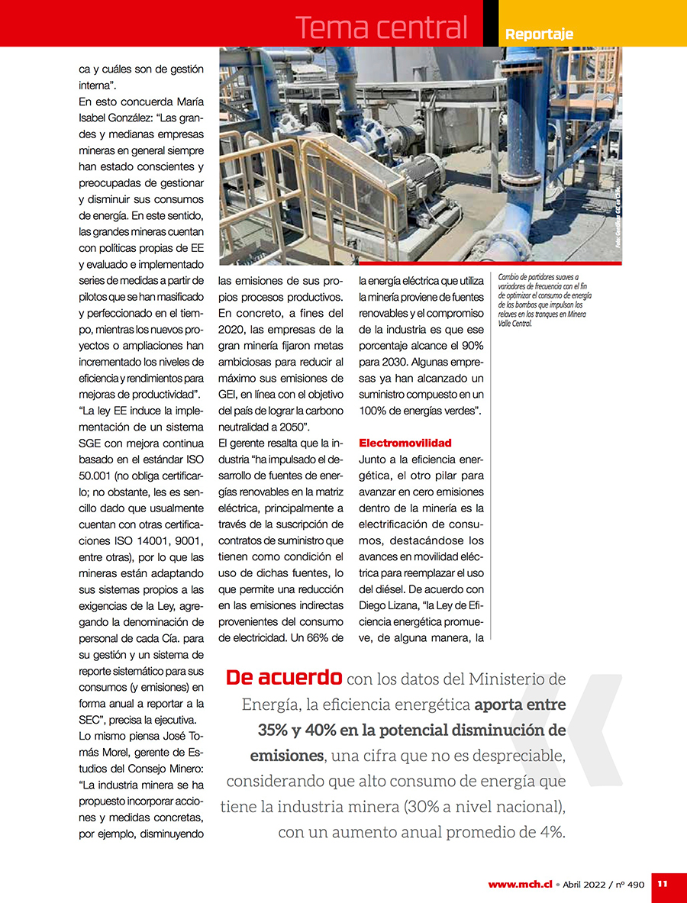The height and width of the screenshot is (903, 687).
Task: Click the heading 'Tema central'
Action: click(x=381, y=27)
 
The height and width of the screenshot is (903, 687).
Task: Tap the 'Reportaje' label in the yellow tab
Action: click(x=539, y=34)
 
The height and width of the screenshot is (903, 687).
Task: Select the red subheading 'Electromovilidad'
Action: click(x=405, y=443)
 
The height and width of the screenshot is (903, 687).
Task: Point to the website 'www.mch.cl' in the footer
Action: click(x=520, y=884)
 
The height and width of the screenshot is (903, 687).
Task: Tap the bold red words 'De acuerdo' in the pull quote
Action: click(x=284, y=678)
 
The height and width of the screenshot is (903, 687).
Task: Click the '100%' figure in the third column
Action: click(x=376, y=411)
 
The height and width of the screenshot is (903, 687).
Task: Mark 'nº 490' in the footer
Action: click(x=631, y=884)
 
